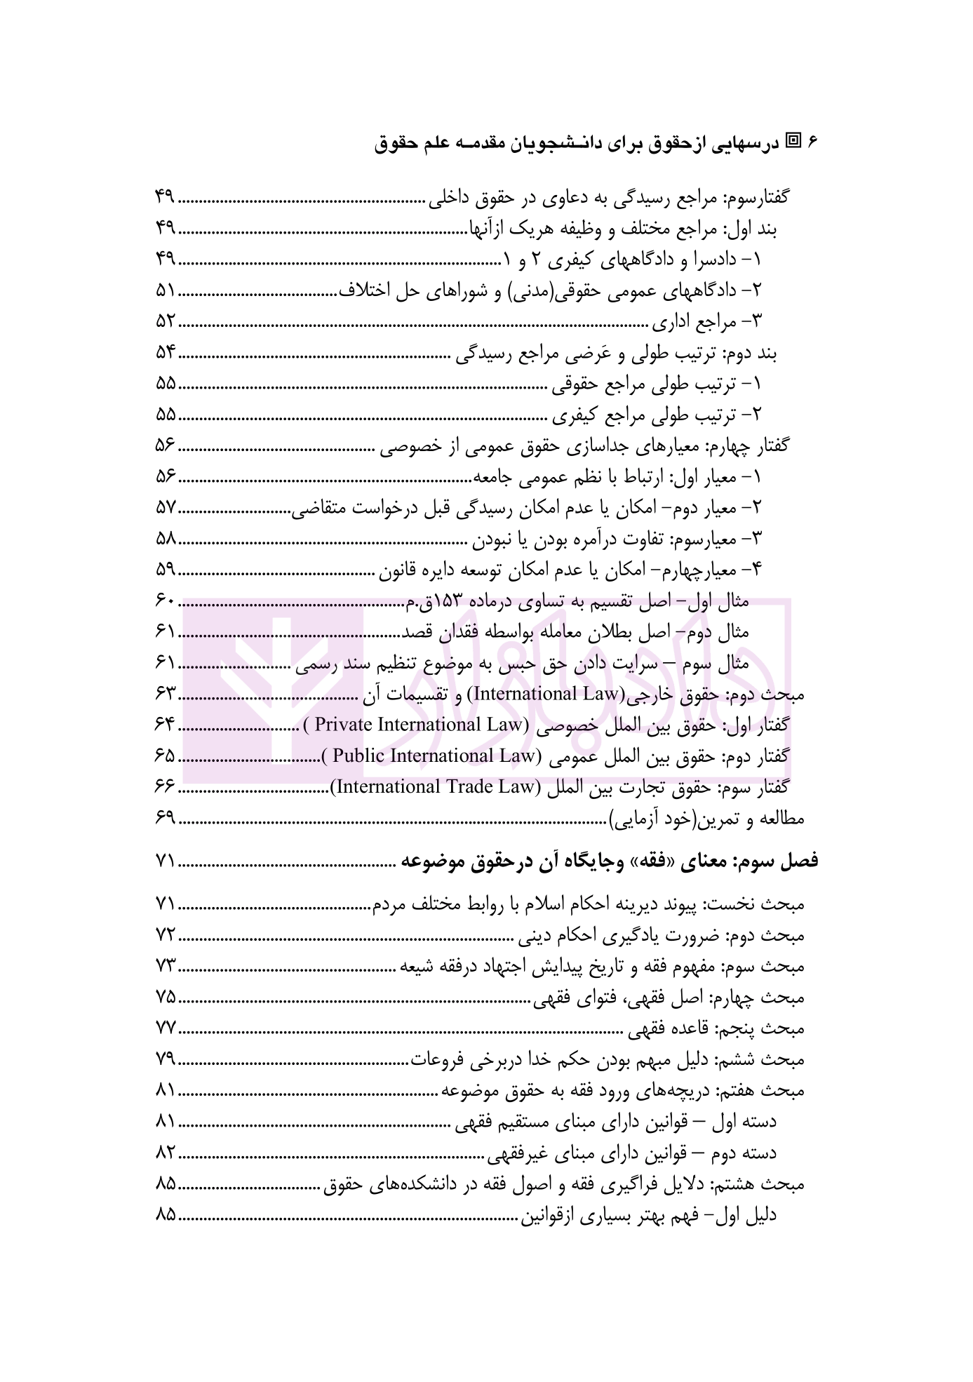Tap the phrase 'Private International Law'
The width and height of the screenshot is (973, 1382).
[x=421, y=725]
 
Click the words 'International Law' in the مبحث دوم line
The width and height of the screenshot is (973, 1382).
[x=542, y=694]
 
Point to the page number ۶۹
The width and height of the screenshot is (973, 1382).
[x=166, y=818]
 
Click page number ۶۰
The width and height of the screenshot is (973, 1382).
[x=166, y=601]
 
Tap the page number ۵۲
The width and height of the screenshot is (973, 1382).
[x=166, y=322]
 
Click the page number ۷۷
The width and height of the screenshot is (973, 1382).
[x=166, y=1028]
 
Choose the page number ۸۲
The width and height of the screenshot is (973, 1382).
[x=166, y=1152]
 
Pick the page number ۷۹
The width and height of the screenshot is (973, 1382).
[x=166, y=1059]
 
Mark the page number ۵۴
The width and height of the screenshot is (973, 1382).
[x=166, y=353]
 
